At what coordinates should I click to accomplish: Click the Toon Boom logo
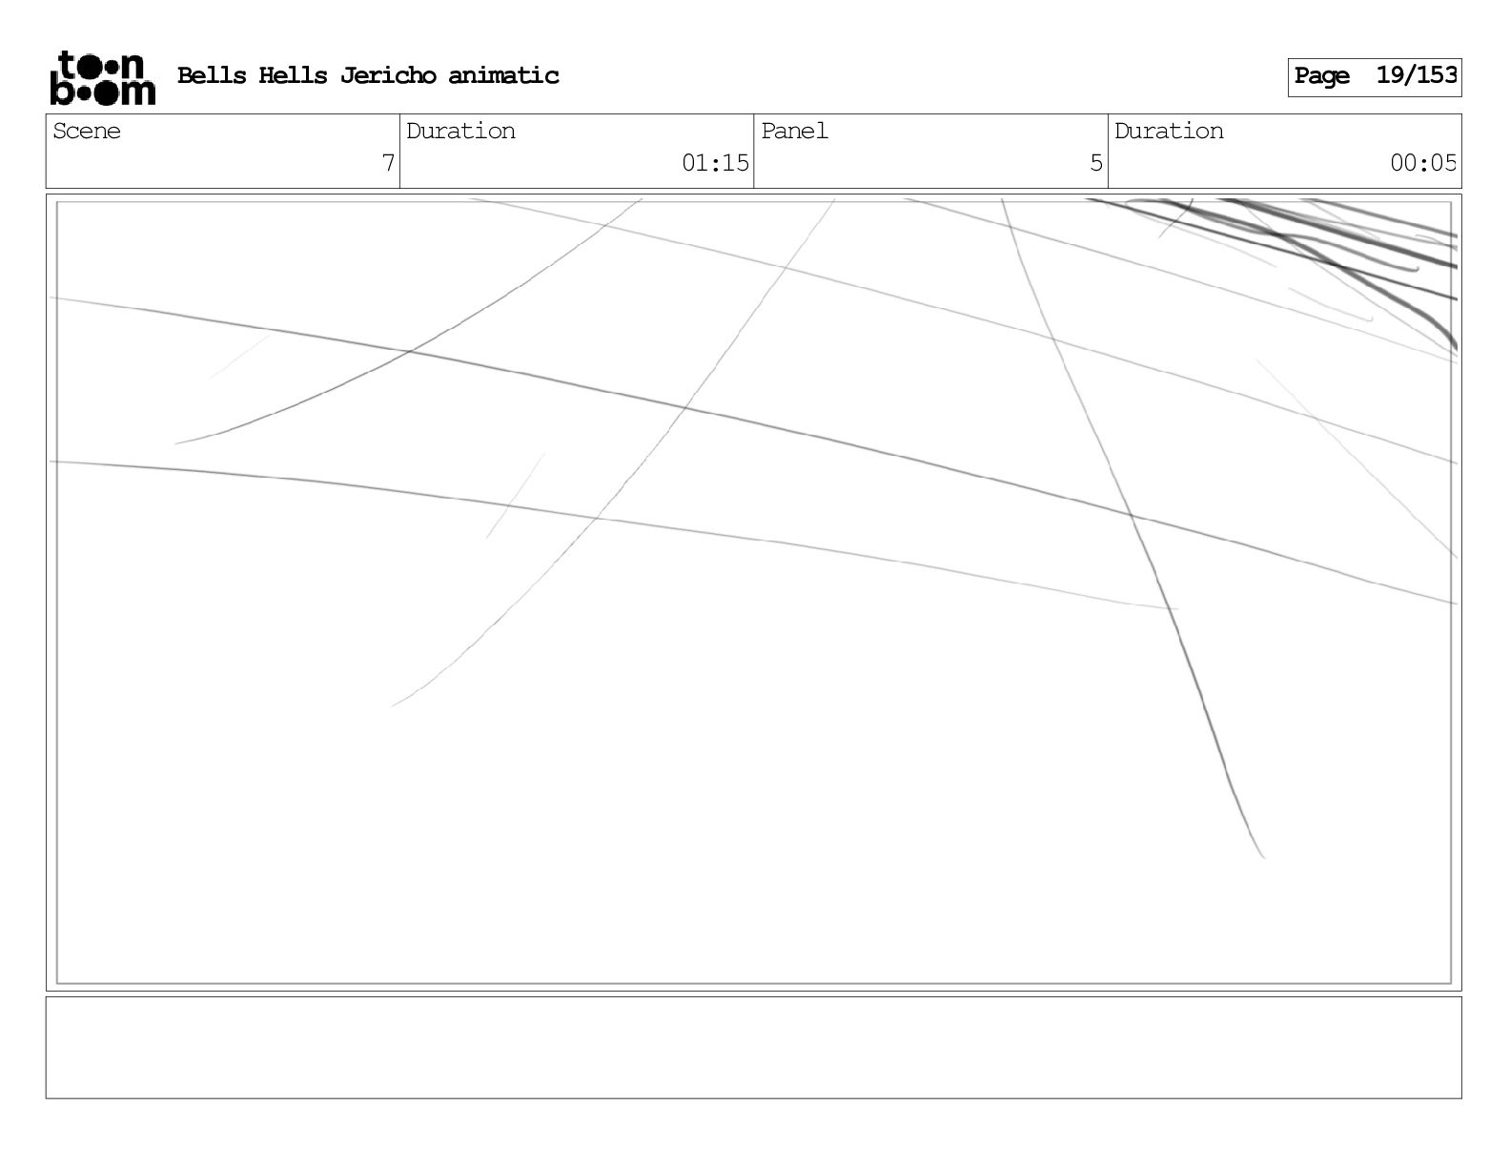click(102, 77)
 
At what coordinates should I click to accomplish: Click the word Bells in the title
click(212, 75)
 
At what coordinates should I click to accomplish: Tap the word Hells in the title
click(293, 75)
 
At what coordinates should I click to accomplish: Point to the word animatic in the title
click(503, 75)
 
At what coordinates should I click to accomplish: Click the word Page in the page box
click(1322, 76)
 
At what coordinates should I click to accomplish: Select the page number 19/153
click(1417, 75)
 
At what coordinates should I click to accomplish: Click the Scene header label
click(87, 132)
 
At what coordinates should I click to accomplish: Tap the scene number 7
click(388, 163)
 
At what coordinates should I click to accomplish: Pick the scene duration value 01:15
click(715, 163)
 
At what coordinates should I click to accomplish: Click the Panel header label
click(794, 132)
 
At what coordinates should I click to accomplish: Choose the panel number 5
click(1096, 163)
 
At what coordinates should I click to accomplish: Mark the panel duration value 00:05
click(1422, 163)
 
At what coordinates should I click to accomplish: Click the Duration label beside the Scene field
click(460, 132)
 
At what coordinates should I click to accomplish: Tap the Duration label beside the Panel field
click(1169, 132)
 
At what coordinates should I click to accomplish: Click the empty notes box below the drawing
click(753, 1047)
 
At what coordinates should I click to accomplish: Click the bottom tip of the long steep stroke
click(1263, 856)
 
